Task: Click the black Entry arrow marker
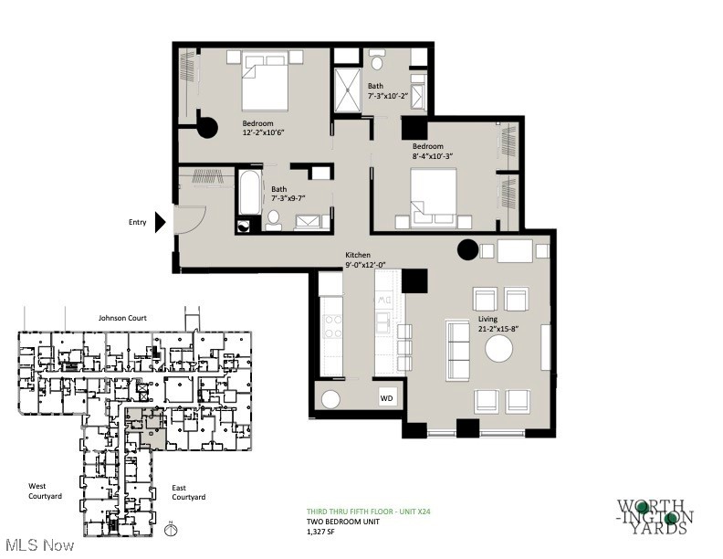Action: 160,221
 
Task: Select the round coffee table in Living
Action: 499,349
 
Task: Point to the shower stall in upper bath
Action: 348,90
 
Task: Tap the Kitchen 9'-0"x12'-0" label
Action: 366,259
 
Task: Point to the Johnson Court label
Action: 124,318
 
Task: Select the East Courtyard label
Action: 189,492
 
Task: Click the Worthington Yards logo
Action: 655,517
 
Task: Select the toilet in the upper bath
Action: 377,63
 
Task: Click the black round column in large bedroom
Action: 207,128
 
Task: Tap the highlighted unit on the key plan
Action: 146,427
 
